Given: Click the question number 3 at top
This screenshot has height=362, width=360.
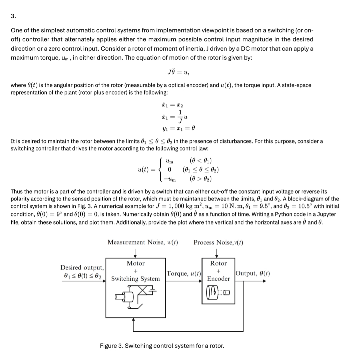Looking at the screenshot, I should [x=13, y=16].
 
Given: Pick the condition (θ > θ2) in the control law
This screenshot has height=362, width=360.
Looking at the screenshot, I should [x=200, y=179].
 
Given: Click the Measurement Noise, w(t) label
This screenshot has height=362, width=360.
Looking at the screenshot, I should [x=143, y=242].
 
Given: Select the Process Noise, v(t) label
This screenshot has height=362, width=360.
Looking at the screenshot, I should [x=218, y=242].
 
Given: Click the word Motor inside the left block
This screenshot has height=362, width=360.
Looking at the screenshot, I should [x=136, y=263].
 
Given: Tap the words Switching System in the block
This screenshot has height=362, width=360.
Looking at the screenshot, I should [x=135, y=279].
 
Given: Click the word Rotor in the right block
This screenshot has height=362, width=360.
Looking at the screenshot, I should [x=218, y=263].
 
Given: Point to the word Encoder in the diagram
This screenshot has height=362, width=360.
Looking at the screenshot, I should [x=218, y=279].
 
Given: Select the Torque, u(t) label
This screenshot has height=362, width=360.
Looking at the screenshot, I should [x=184, y=274].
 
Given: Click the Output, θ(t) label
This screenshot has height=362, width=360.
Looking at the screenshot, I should [x=253, y=274].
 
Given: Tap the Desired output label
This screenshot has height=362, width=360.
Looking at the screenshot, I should [x=82, y=267].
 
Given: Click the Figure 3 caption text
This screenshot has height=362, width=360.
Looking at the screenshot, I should [x=162, y=346].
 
